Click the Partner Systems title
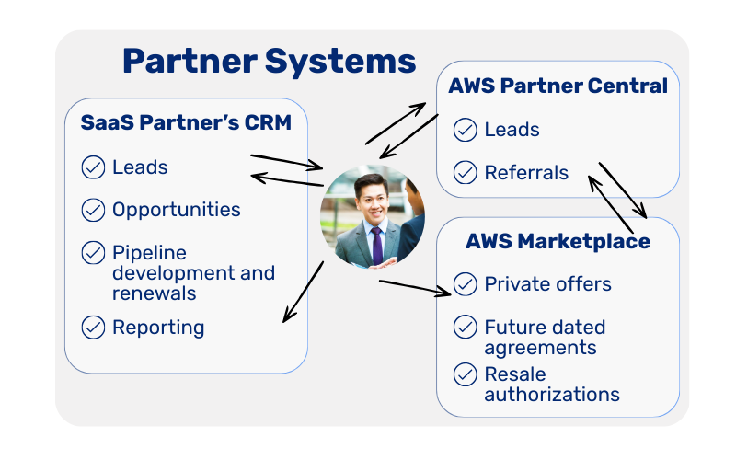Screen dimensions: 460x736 click(x=269, y=62)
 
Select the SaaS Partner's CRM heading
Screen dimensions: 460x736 click(x=186, y=122)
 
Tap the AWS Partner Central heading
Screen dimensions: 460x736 click(x=558, y=86)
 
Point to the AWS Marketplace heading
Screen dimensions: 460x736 click(x=558, y=242)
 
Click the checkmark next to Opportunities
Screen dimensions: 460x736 click(x=93, y=210)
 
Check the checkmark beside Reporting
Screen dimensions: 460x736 click(x=93, y=327)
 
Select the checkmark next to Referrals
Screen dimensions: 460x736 click(x=465, y=172)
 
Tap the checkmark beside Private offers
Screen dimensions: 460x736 click(x=465, y=283)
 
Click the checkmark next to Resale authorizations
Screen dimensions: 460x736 click(x=465, y=374)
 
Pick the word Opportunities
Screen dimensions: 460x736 click(x=176, y=210)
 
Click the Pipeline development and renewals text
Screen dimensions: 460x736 click(x=193, y=272)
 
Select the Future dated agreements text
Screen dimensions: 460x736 click(x=545, y=337)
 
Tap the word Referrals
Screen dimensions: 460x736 click(x=526, y=172)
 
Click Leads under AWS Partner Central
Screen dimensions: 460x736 click(x=512, y=130)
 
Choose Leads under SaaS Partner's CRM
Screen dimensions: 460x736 click(x=140, y=167)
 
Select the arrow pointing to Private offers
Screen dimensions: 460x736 click(x=414, y=287)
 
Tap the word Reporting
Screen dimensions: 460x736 click(x=158, y=328)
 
